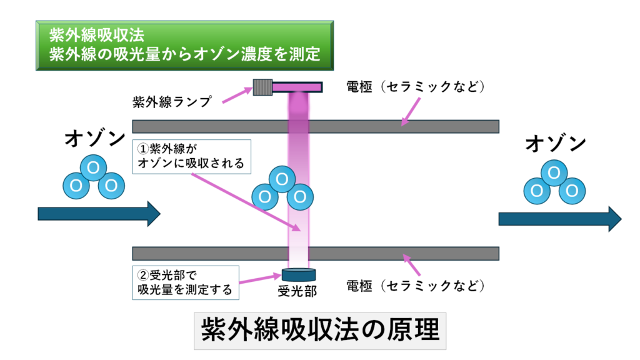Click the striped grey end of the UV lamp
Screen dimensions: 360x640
pyautogui.click(x=261, y=86)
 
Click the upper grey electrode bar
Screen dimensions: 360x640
pyautogui.click(x=316, y=126)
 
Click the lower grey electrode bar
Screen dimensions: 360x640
pyautogui.click(x=316, y=253)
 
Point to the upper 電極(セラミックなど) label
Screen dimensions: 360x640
pyautogui.click(x=416, y=86)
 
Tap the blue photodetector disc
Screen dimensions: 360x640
pyautogui.click(x=298, y=274)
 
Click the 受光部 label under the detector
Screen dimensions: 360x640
pyautogui.click(x=298, y=291)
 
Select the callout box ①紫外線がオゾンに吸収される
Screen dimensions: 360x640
pyautogui.click(x=192, y=157)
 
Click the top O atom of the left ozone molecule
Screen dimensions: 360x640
pyautogui.click(x=94, y=167)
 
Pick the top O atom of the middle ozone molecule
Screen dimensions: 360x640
pyautogui.click(x=282, y=179)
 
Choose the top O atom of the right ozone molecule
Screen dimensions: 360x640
pyautogui.click(x=553, y=172)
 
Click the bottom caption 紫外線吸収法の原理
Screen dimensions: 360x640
pyautogui.click(x=319, y=329)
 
